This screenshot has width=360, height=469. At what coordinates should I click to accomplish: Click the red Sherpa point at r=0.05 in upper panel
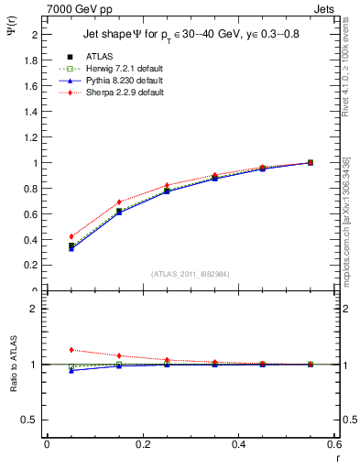pos(71,236)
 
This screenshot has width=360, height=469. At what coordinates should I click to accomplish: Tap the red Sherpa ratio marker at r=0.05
pos(71,349)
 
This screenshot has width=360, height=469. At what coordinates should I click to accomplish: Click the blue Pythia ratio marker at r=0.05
pos(71,370)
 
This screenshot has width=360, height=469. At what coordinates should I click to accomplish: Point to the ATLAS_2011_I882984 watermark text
pos(191,274)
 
